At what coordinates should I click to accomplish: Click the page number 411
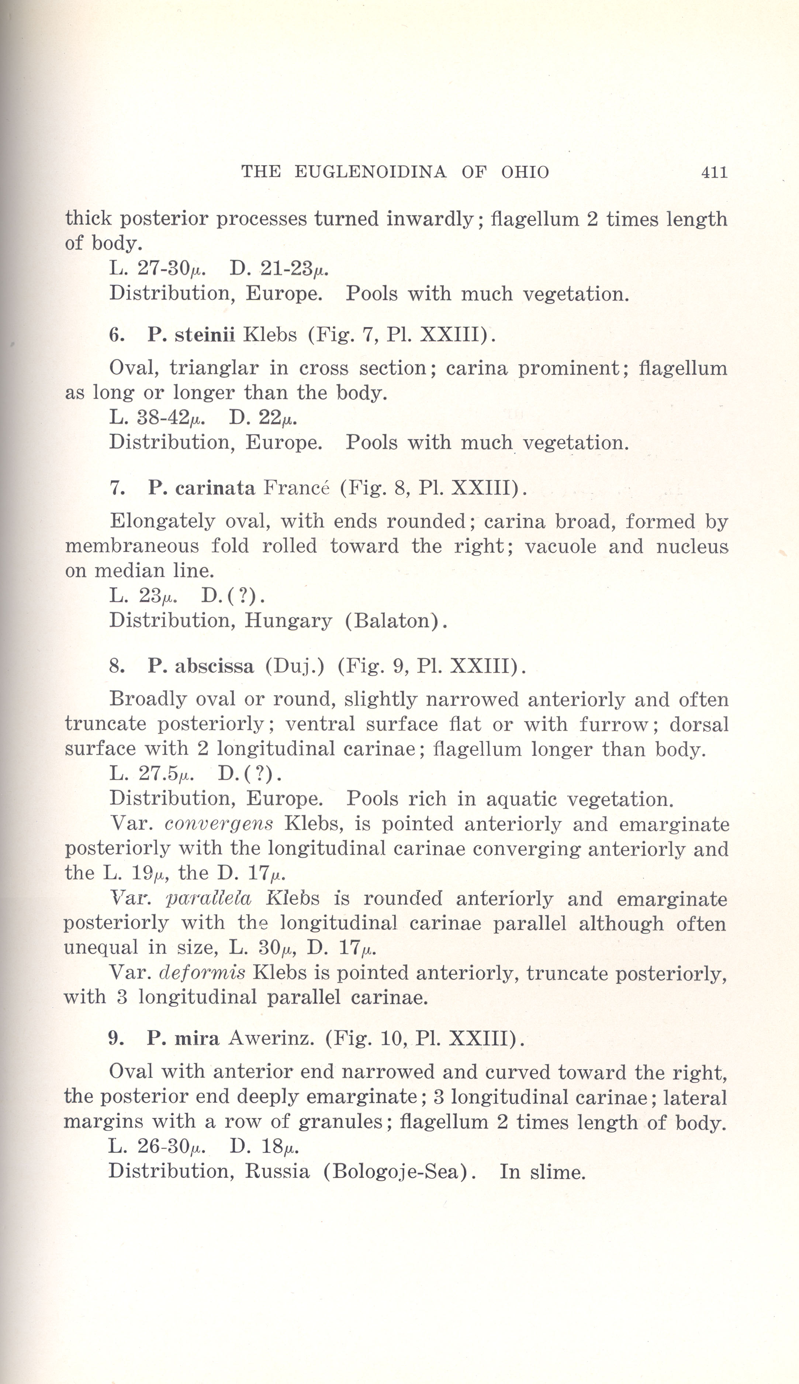[714, 172]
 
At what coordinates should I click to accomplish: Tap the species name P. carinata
[201, 488]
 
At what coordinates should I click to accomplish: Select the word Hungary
[288, 621]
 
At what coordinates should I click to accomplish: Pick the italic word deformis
[202, 973]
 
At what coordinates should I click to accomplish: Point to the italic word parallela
[208, 899]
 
